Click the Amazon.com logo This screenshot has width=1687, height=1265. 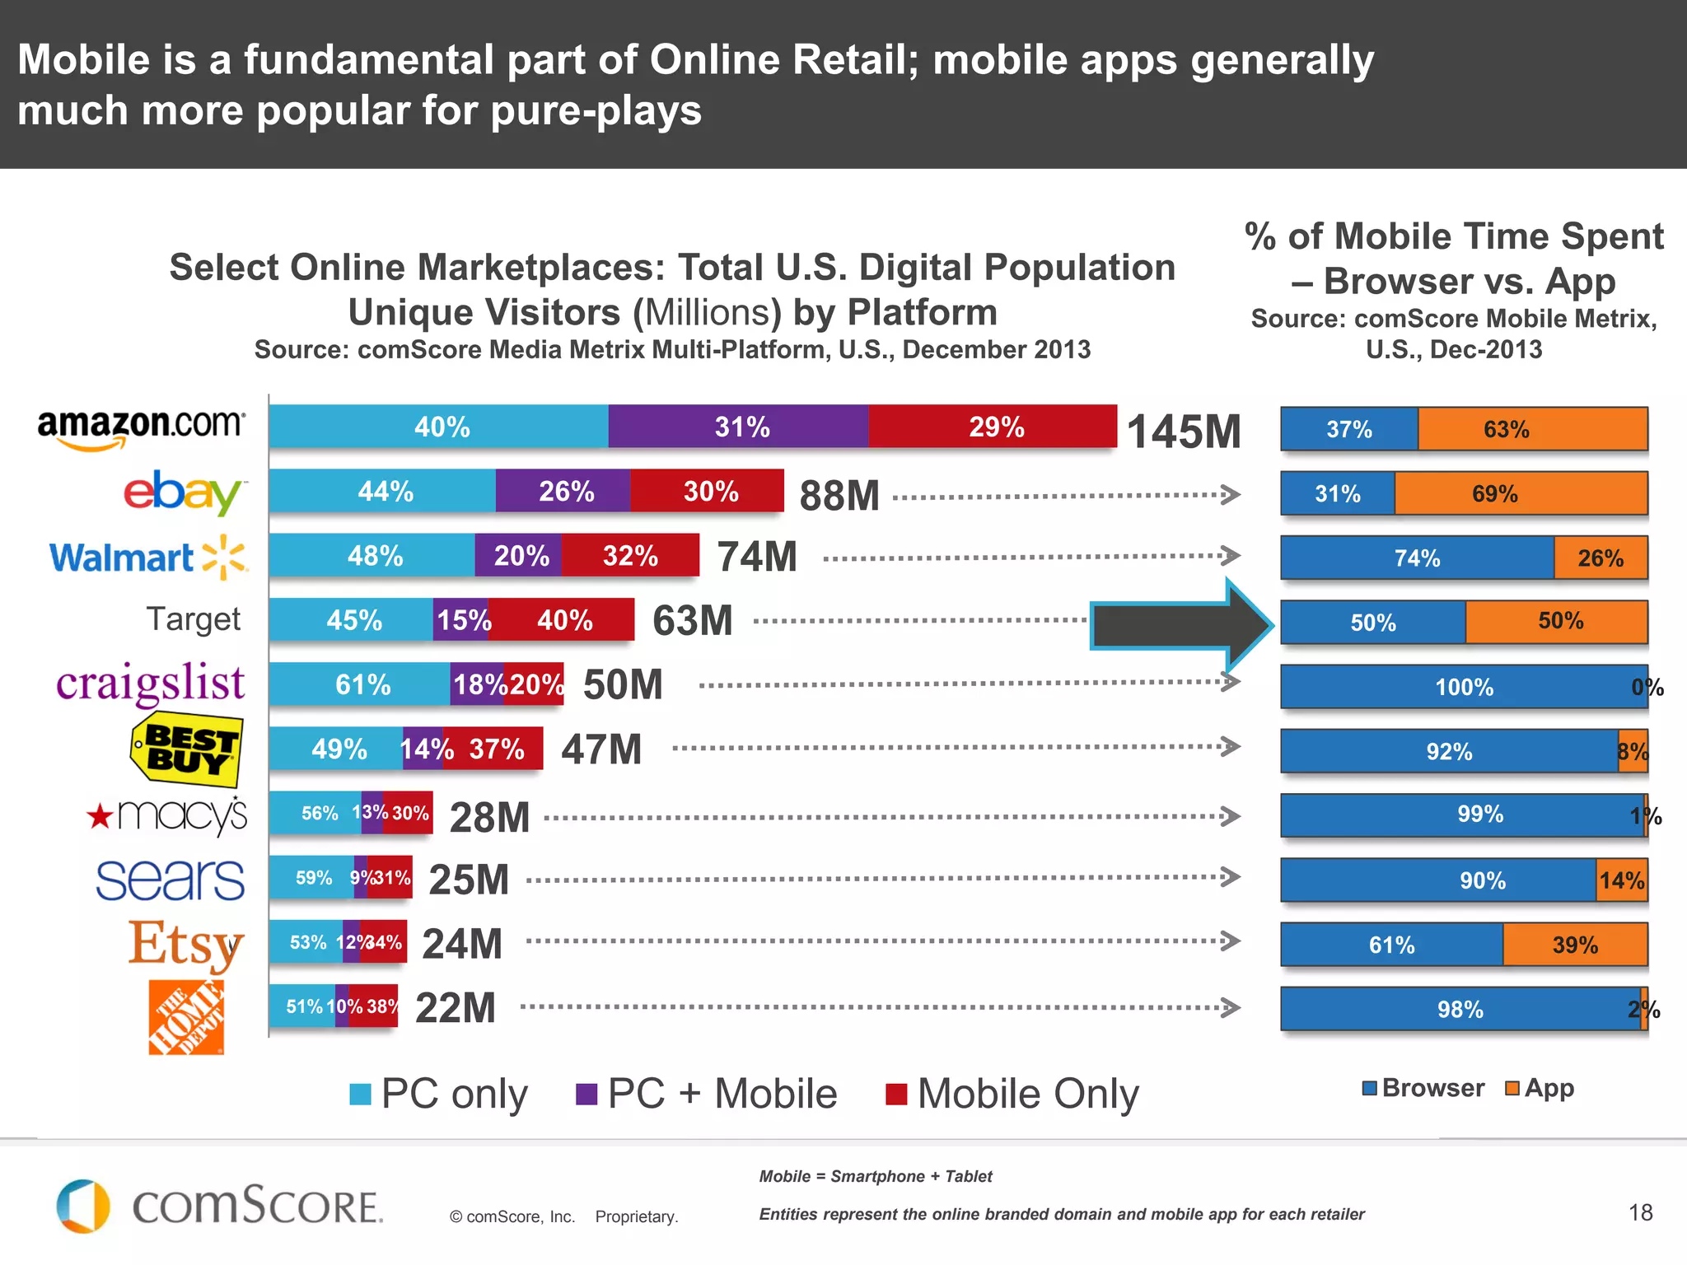pyautogui.click(x=141, y=427)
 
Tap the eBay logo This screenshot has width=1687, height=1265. pyautogui.click(x=184, y=492)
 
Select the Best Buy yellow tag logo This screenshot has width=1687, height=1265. pyautogui.click(x=187, y=749)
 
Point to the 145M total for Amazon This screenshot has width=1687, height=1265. pyautogui.click(x=1183, y=432)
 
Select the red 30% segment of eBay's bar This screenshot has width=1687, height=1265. pyautogui.click(x=708, y=492)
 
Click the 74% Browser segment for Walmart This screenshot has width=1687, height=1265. pyautogui.click(x=1417, y=558)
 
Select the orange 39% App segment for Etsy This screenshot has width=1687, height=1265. pyautogui.click(x=1574, y=945)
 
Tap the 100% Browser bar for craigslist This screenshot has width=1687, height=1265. pyautogui.click(x=1463, y=687)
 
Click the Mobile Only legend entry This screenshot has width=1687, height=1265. pyautogui.click(x=1012, y=1095)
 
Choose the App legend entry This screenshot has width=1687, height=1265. pyautogui.click(x=1540, y=1088)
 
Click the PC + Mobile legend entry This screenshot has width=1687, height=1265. pyautogui.click(x=706, y=1095)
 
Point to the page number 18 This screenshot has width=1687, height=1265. pyautogui.click(x=1640, y=1212)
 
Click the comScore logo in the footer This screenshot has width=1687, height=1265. pyautogui.click(x=219, y=1207)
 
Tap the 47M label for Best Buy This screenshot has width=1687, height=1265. pyautogui.click(x=600, y=749)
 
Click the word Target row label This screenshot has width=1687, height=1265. pyautogui.click(x=194, y=619)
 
